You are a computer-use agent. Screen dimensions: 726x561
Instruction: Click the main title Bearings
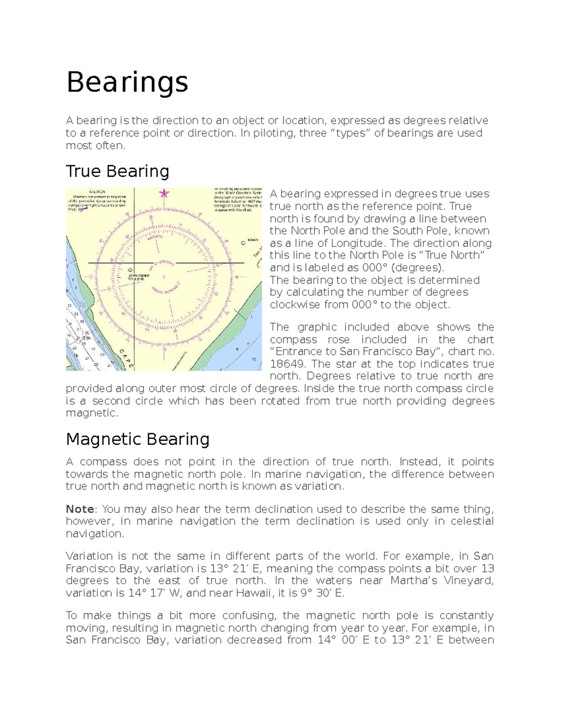[127, 83]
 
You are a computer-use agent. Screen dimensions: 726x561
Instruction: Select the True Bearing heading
[117, 171]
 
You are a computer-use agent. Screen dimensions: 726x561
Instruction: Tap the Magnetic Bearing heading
[137, 439]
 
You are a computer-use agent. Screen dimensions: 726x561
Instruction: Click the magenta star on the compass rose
[164, 194]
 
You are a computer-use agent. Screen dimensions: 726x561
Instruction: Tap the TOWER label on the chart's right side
[252, 239]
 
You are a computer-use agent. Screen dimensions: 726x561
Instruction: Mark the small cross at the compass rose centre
[165, 263]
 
